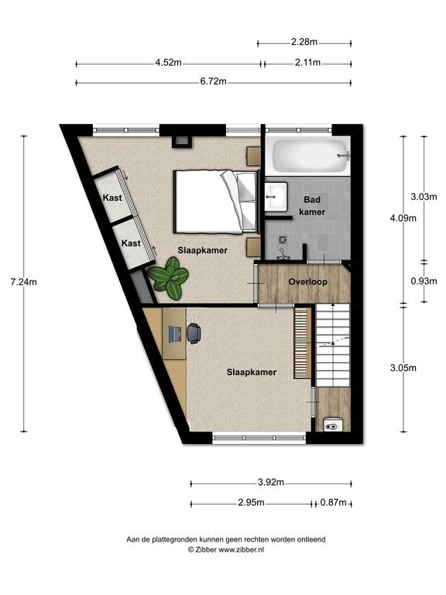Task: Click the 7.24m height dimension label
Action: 23,282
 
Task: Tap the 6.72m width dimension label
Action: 214,81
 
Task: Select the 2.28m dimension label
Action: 304,42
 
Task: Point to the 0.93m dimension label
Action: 424,281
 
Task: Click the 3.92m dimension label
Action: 271,483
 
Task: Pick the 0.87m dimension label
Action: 334,503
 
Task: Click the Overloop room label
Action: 308,281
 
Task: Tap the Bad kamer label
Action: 312,205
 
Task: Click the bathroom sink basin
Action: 276,196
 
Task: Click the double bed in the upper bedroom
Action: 215,201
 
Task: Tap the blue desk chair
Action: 194,333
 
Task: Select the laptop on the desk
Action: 175,334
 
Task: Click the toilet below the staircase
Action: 334,425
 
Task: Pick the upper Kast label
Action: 112,198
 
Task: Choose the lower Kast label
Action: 131,243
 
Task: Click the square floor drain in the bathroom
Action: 283,239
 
